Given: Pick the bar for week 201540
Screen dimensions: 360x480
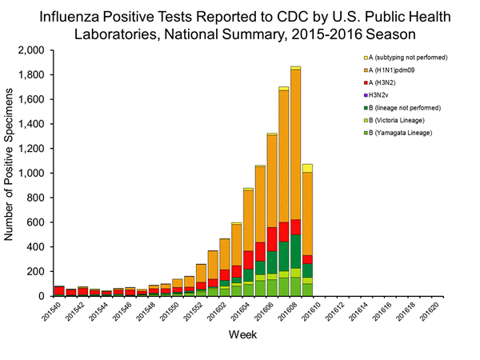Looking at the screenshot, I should pos(59,290).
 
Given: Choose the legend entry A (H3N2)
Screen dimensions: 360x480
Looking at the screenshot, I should pos(386,82).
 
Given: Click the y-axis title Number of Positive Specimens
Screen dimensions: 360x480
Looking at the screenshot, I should pos(11,173).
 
